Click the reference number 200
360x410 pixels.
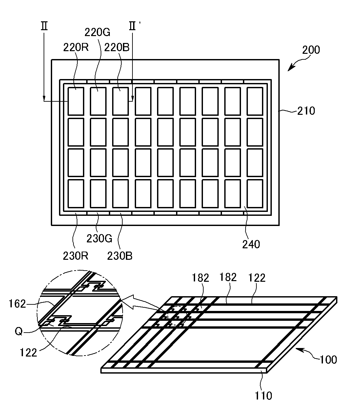(x=310, y=50)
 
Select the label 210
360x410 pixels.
(x=306, y=111)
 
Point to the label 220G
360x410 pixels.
(x=97, y=32)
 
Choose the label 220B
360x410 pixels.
(x=117, y=48)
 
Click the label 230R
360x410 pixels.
(x=75, y=256)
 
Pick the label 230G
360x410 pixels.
(x=99, y=238)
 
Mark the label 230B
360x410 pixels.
(x=120, y=256)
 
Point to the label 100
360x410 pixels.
(x=328, y=359)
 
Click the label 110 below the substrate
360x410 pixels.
(x=264, y=396)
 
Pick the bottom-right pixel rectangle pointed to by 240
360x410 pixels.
(x=254, y=194)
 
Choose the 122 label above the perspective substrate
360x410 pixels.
(x=257, y=278)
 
